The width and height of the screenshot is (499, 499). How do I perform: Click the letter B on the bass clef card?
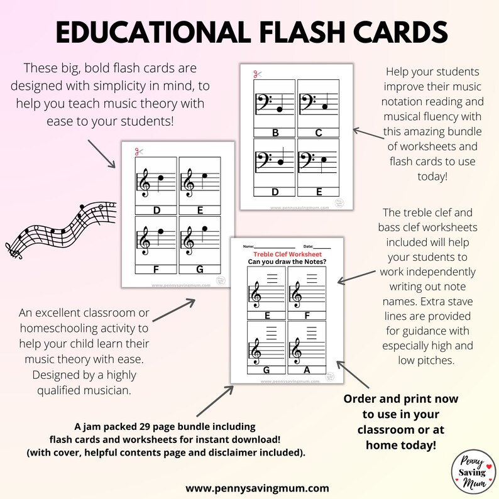(x=275, y=132)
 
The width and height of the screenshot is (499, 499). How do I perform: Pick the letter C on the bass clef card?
(x=318, y=132)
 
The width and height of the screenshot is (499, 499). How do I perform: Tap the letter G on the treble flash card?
(x=200, y=269)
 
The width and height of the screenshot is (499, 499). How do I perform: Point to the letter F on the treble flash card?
(x=156, y=269)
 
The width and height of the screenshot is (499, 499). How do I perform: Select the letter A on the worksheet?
(x=307, y=370)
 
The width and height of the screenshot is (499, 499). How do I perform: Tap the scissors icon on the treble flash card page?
(x=138, y=151)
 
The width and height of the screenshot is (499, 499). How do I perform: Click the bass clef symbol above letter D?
(x=263, y=162)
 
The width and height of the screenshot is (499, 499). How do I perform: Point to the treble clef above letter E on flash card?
(x=187, y=182)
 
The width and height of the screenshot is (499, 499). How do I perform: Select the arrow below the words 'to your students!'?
(x=102, y=154)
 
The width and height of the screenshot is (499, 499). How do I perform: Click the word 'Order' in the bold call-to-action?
(x=362, y=399)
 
